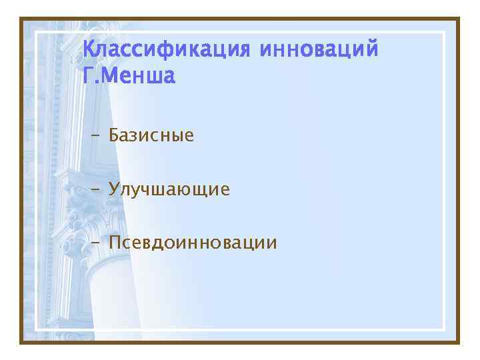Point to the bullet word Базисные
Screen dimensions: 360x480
151,136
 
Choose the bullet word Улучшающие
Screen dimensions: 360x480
169,190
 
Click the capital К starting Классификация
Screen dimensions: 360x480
88,50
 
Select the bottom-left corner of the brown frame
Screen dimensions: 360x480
21,342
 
